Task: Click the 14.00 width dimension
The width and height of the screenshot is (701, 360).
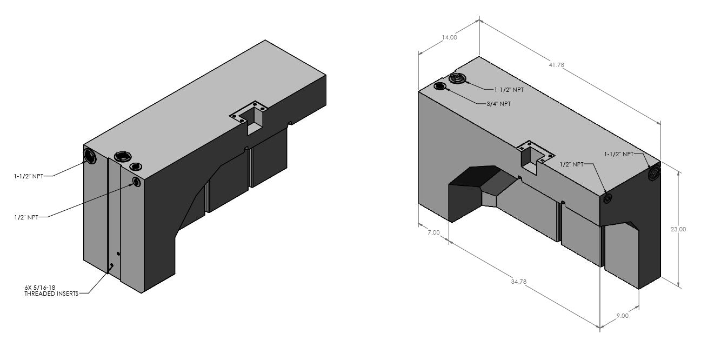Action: coord(449,37)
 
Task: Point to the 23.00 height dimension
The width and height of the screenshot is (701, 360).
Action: coord(678,229)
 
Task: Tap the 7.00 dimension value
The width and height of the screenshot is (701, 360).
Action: coord(433,232)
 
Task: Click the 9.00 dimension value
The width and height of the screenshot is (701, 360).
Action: coord(622,316)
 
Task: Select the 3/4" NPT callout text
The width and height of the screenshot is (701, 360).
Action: coord(498,103)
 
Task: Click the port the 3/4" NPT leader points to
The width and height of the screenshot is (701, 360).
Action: coord(441,86)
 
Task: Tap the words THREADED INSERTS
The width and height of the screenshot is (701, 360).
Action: coord(51,294)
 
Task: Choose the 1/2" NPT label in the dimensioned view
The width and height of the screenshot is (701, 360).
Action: coord(571,164)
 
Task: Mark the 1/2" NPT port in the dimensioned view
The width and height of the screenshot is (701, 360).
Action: coord(607,199)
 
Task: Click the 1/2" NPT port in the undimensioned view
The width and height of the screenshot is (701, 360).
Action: coord(136,183)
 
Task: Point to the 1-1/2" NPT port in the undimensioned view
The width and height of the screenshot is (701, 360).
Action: coord(90,157)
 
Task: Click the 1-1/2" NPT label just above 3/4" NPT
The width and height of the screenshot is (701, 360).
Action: coord(509,89)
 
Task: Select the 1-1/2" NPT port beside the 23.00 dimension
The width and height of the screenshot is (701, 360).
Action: coord(653,173)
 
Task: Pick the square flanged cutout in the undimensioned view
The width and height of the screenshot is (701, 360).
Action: coord(250,116)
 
